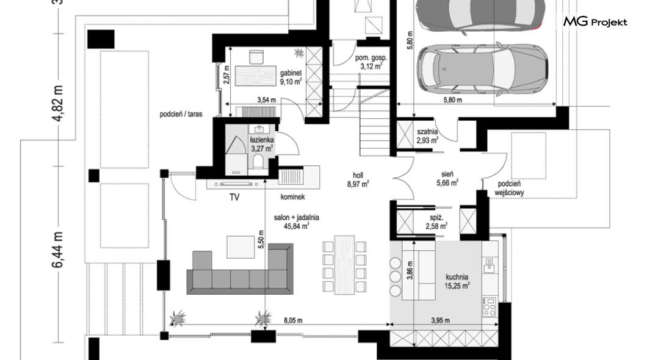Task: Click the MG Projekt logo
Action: click(595, 21)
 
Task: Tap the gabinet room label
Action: click(291, 77)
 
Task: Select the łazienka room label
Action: click(262, 144)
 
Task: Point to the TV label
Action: click(234, 198)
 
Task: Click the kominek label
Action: click(292, 197)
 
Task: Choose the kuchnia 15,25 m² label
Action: click(457, 281)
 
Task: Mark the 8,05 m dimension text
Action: click(293, 320)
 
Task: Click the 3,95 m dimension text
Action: click(440, 320)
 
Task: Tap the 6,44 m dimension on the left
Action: click(58, 250)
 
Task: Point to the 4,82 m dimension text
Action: click(58, 103)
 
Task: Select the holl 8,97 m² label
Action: click(358, 180)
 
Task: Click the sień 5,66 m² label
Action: click(447, 178)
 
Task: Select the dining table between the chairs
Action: click(344, 265)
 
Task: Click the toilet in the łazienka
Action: click(259, 161)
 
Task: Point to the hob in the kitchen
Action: click(490, 306)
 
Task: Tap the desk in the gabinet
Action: click(256, 76)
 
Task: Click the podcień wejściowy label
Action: click(509, 188)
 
